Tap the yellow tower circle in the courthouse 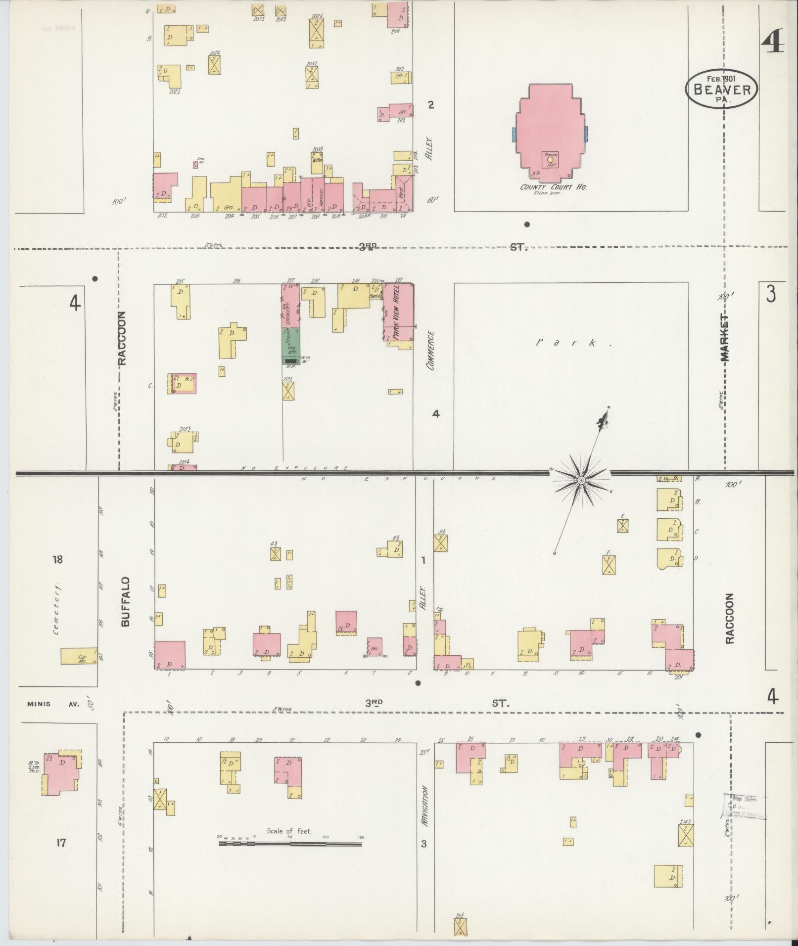click(x=550, y=160)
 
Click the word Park click(x=574, y=343)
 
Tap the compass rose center click(x=582, y=480)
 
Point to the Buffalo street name click(x=125, y=602)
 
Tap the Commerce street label click(x=431, y=351)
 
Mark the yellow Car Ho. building click(x=78, y=656)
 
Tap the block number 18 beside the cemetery click(x=58, y=560)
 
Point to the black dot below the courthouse click(x=527, y=225)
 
